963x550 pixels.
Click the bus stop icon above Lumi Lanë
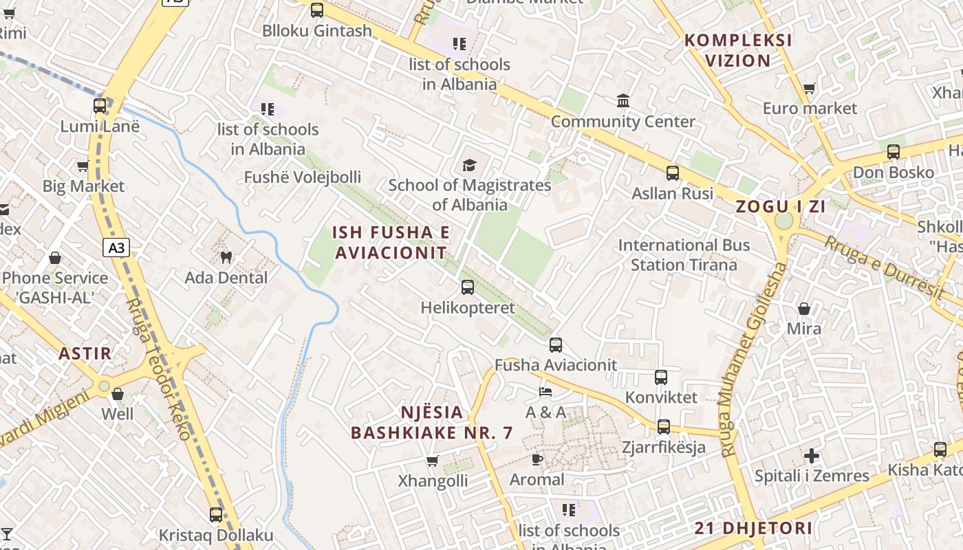100,106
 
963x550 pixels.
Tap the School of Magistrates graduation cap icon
469,165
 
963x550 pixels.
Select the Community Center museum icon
623,101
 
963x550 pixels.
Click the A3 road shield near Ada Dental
116,247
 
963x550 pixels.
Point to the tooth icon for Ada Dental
226,258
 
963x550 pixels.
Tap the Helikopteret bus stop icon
468,287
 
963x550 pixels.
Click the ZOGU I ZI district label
781,206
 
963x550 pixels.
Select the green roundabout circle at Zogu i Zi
783,221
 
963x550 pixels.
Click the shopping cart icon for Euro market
810,88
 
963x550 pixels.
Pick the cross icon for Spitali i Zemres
812,456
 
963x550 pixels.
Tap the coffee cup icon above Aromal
537,459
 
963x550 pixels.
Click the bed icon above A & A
545,392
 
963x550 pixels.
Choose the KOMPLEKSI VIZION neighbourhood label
738,50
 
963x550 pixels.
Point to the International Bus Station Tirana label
684,255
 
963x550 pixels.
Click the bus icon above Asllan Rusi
673,173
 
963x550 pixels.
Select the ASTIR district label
85,354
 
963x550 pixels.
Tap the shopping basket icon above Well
118,394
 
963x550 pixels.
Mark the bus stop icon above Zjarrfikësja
664,427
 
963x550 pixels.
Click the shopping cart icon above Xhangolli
433,461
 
